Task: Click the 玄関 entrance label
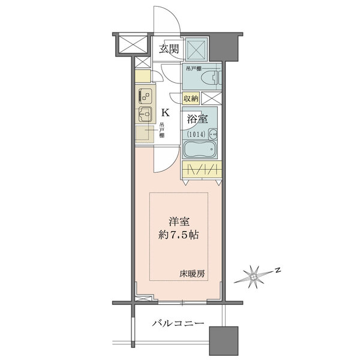click(x=169, y=49)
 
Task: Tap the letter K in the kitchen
click(x=166, y=112)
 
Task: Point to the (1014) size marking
click(x=199, y=134)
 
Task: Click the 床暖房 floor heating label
click(x=191, y=274)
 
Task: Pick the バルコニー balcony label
click(x=177, y=324)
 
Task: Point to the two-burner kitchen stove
click(x=145, y=95)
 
